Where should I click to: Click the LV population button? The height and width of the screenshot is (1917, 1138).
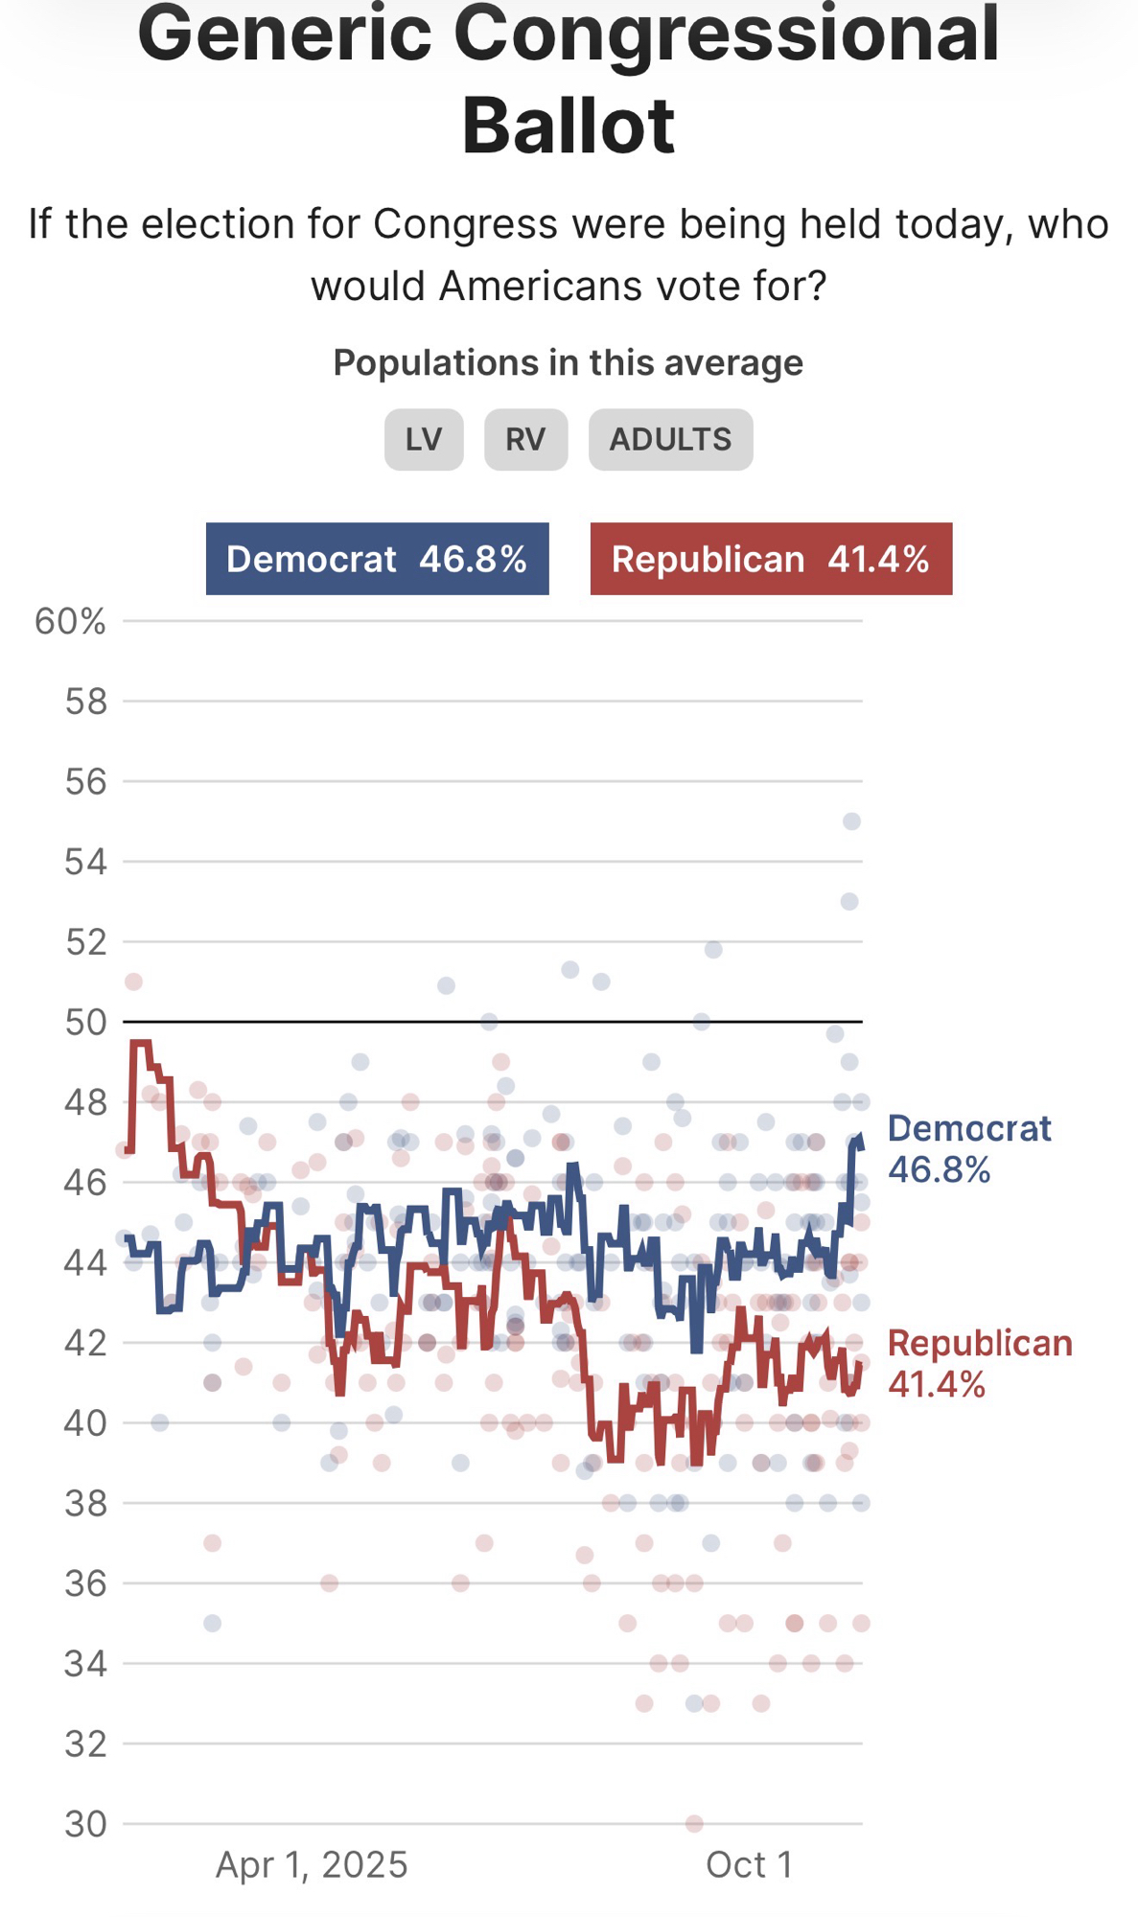(424, 440)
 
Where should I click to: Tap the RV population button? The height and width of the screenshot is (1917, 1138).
(525, 440)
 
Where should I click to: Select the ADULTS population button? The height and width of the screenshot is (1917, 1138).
(670, 440)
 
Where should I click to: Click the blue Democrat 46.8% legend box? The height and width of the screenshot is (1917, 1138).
(377, 559)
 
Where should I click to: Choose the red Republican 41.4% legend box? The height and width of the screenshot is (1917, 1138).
(771, 559)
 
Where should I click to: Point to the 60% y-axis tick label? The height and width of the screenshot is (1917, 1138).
(70, 622)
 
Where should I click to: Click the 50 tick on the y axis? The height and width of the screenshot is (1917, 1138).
(85, 1023)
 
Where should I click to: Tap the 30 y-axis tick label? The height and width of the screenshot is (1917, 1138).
(85, 1824)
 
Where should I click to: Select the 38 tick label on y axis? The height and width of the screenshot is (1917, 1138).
(85, 1504)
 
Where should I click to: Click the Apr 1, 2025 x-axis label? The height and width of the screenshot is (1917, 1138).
(312, 1865)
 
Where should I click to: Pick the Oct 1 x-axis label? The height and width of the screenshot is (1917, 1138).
(749, 1865)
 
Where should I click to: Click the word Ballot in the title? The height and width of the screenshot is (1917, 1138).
(569, 126)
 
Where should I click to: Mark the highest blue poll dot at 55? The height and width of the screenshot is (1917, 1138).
(851, 821)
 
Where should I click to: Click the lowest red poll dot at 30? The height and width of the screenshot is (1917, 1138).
(694, 1823)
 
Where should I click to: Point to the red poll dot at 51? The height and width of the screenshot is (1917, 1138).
(133, 982)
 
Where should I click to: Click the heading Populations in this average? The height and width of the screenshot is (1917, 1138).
(568, 363)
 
